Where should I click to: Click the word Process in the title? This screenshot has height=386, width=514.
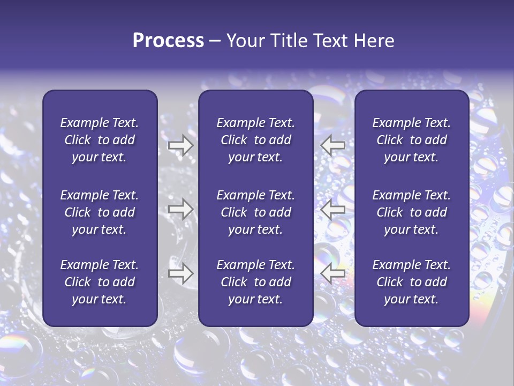click(168, 41)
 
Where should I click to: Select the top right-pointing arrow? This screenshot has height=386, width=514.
click(181, 145)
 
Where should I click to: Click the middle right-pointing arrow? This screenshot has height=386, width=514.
click(181, 209)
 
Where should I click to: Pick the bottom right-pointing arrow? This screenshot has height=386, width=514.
click(181, 273)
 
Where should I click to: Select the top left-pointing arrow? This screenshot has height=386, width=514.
click(333, 145)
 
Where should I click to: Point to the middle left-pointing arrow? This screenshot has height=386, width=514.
click(333, 209)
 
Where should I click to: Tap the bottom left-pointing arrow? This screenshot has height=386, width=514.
click(333, 273)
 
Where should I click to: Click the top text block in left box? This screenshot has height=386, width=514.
click(100, 140)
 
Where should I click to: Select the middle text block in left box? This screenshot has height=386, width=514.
click(100, 212)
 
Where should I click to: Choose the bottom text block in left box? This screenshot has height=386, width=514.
click(100, 282)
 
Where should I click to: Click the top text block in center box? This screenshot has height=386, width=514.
click(255, 140)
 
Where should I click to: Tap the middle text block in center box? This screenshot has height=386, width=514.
click(255, 212)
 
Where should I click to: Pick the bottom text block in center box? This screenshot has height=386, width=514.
click(255, 282)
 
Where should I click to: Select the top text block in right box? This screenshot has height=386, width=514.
click(412, 140)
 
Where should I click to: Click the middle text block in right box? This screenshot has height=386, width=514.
click(412, 212)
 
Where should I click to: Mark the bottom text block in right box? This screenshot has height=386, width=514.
click(412, 282)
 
